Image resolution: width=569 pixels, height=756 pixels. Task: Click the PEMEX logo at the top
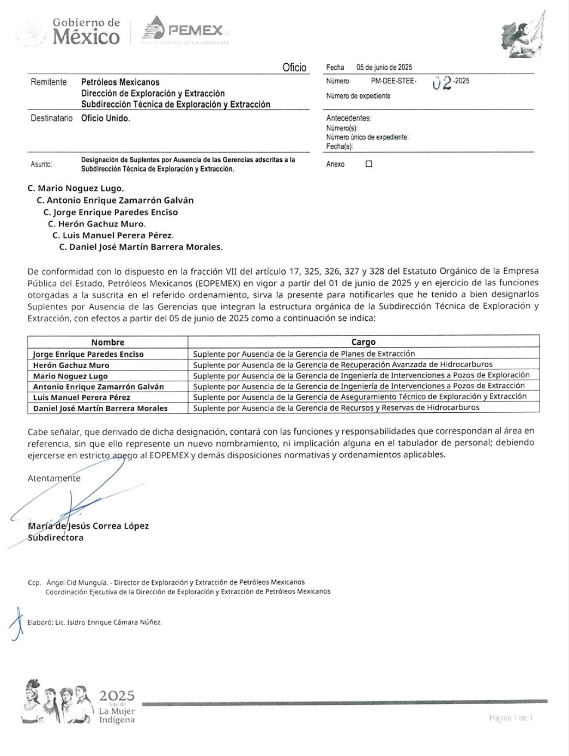185,30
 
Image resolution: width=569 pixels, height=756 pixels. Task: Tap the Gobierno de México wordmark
86,31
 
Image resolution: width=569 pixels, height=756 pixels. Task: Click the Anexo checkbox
369,164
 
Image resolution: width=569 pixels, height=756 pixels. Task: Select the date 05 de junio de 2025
384,68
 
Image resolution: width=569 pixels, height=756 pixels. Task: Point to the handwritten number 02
441,83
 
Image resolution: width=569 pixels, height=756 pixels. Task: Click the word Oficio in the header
294,68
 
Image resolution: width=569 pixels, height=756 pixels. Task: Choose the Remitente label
49,82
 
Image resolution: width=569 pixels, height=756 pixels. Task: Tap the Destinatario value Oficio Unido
106,118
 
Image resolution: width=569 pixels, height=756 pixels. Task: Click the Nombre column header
108,342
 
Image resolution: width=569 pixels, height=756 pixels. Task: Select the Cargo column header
364,342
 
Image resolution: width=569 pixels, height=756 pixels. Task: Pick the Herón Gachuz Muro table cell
71,365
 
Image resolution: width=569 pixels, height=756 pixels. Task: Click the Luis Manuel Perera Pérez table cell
82,397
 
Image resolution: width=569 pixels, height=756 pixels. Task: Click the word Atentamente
54,478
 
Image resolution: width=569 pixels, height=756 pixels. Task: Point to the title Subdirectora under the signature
56,538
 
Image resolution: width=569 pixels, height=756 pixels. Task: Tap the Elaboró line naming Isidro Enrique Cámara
95,622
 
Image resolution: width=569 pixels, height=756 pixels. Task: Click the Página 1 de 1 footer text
511,718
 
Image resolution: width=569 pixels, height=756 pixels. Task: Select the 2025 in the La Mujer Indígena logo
117,696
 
